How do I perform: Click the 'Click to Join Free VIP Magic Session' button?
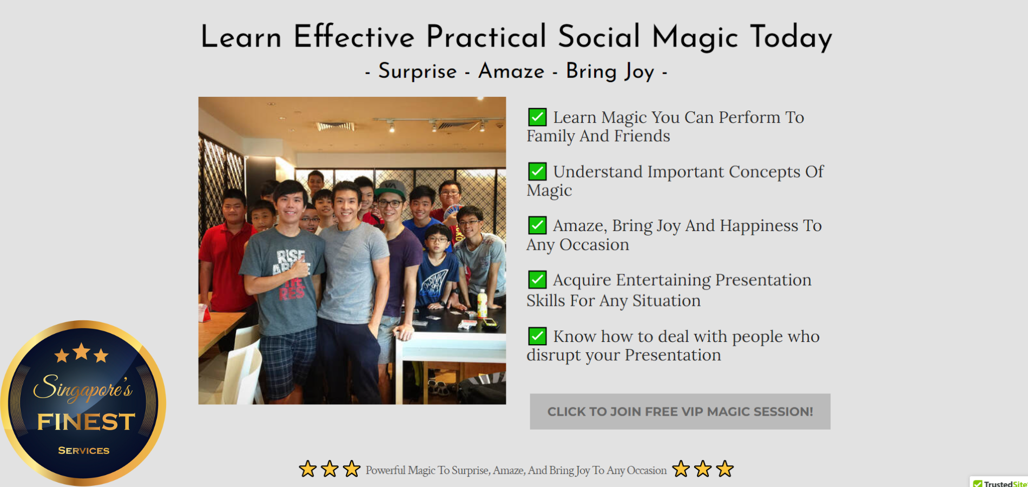[680, 412]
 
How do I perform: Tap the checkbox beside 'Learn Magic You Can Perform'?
[537, 117]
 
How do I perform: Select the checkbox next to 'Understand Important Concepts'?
[537, 171]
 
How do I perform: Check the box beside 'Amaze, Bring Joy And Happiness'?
[537, 225]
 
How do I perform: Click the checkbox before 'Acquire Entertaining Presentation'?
[537, 279]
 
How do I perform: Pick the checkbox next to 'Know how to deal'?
[537, 336]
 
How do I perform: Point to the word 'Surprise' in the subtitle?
[417, 71]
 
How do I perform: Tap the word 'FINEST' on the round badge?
[86, 422]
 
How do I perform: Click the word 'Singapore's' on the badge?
[83, 387]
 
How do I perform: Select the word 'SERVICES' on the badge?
[84, 450]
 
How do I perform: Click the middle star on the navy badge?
[82, 351]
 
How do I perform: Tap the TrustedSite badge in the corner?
[999, 482]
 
